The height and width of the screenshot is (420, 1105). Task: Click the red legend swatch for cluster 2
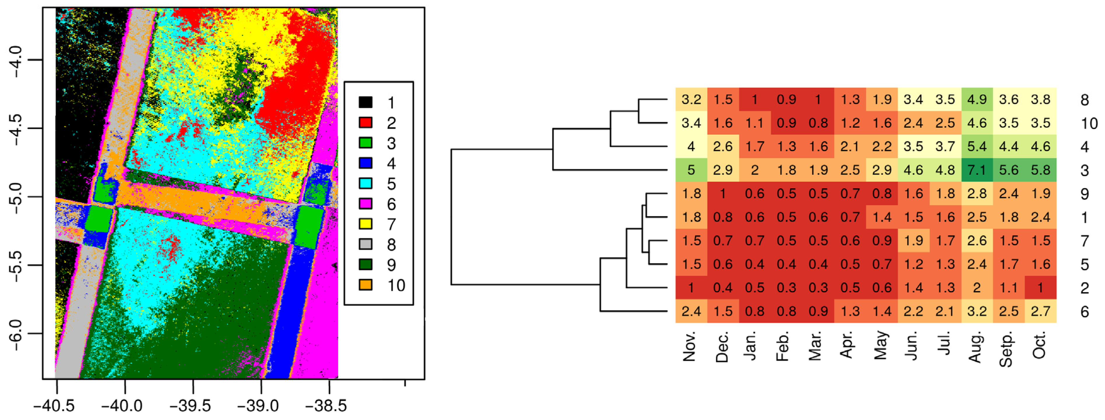click(x=366, y=123)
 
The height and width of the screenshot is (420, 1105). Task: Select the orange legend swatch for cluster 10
click(x=366, y=285)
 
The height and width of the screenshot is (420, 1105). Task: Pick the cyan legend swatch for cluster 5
click(x=366, y=183)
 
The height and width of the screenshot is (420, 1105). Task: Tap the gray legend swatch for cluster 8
click(x=366, y=244)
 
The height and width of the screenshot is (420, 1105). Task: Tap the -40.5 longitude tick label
click(x=55, y=405)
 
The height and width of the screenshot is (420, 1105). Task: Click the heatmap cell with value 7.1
click(x=977, y=170)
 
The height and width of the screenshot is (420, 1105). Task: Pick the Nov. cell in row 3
click(x=691, y=170)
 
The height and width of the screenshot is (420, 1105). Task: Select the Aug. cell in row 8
click(x=977, y=100)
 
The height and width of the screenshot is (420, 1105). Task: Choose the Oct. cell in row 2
click(x=1041, y=288)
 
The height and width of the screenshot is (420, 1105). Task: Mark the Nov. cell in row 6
click(x=691, y=311)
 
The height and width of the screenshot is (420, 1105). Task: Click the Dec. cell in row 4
click(x=723, y=146)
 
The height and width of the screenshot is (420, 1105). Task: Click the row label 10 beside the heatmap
click(x=1089, y=123)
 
